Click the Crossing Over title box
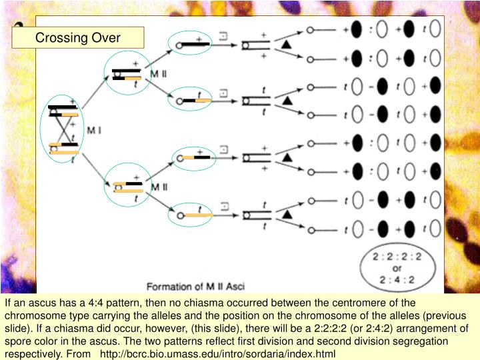[x=78, y=37]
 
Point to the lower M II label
[x=159, y=187]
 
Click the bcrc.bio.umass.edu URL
[x=218, y=353]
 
